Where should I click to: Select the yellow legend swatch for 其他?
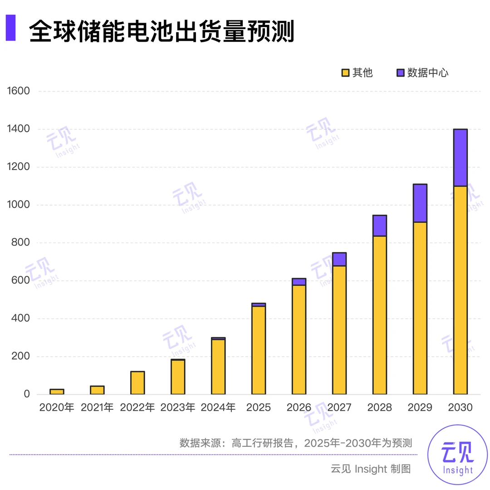pos(345,73)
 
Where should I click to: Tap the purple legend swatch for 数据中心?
pos(401,73)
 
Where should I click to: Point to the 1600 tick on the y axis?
pos(19,91)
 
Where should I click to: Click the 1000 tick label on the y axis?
pos(19,205)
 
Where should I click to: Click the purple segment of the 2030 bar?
pos(460,158)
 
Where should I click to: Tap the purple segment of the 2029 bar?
pos(420,203)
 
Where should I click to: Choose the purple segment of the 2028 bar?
pos(379,226)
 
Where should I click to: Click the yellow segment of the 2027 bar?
pos(339,330)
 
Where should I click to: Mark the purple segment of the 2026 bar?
pos(299,282)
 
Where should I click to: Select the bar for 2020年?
pos(57,392)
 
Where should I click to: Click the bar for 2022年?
pos(137,383)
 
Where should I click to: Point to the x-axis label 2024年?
pos(218,407)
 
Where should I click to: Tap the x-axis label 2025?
pos(259,407)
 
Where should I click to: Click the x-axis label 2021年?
pos(97,407)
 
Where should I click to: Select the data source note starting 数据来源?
pos(295,443)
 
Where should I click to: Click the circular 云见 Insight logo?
pos(457,455)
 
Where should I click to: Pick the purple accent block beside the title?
pos(10,28)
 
